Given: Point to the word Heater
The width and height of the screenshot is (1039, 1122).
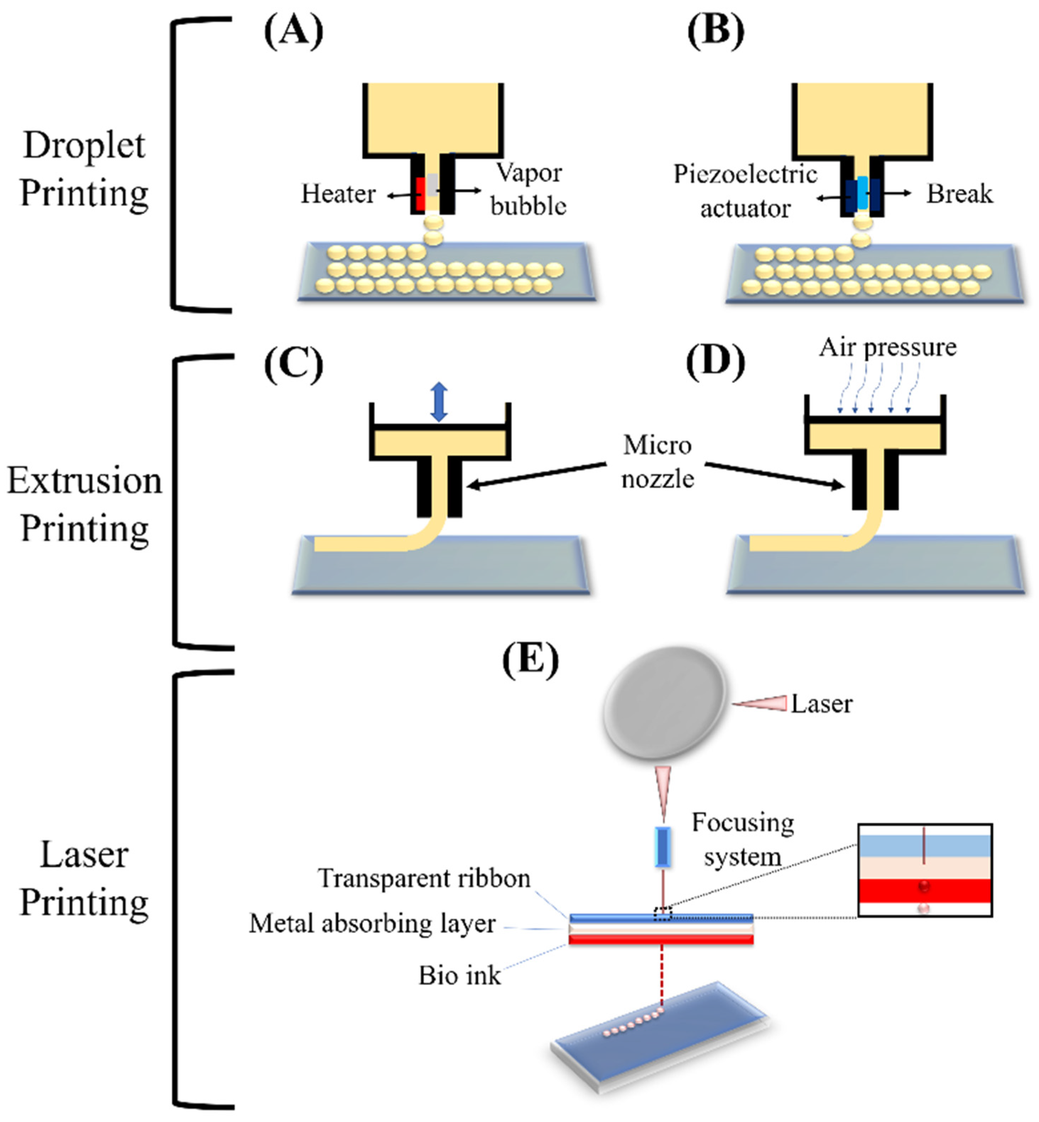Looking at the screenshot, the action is click(x=338, y=194).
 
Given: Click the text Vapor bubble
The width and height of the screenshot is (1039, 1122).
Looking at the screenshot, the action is click(x=528, y=189).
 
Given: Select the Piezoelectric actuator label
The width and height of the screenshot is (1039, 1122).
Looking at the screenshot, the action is click(x=746, y=191).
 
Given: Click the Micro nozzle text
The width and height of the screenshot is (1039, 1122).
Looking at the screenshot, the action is click(x=657, y=462).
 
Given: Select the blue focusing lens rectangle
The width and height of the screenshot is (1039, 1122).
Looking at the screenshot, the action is click(x=664, y=846).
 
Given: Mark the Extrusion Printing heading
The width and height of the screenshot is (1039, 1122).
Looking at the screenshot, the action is click(x=85, y=505).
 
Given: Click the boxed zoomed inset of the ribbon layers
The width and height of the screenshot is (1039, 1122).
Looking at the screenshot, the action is click(x=925, y=870).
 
